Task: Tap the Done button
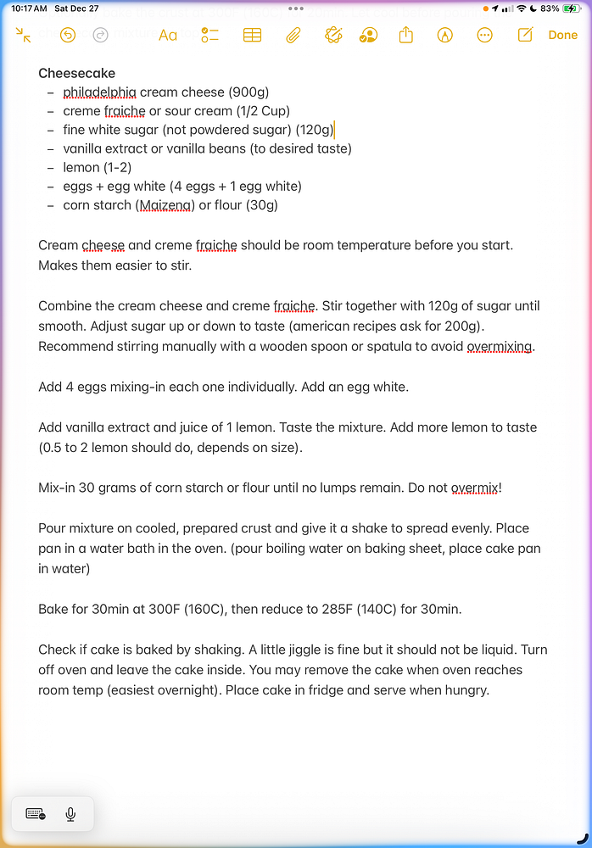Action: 562,35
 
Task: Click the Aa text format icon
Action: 168,35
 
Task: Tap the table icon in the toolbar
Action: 252,35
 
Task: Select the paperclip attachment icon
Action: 293,35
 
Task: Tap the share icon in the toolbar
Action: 405,35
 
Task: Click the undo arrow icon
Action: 68,35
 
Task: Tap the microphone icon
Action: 70,814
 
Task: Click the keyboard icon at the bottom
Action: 36,814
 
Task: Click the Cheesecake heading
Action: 77,74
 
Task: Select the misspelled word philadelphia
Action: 99,92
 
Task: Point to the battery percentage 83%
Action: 549,8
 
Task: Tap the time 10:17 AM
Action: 29,8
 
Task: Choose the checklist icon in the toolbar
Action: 209,35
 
